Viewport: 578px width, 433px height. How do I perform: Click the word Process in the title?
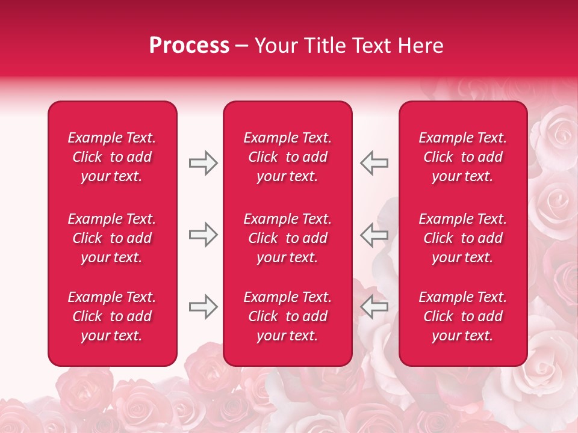tap(189, 46)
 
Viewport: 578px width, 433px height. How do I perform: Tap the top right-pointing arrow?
tap(203, 163)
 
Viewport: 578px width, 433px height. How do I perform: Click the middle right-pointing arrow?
tap(203, 235)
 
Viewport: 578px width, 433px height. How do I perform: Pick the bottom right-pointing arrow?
tap(203, 307)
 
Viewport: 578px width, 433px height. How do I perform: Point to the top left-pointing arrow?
tap(374, 163)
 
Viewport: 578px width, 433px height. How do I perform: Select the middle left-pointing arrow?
tap(374, 235)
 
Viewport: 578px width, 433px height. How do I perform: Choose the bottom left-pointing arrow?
tap(374, 307)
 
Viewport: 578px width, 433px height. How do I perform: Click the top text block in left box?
tap(112, 157)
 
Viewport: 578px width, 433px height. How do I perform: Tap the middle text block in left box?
tap(112, 238)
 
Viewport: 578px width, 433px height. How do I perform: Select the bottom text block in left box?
tap(112, 316)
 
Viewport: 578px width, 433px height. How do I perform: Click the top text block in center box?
tap(287, 157)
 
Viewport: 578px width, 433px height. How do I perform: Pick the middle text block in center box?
tap(287, 238)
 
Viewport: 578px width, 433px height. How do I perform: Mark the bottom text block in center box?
tap(287, 316)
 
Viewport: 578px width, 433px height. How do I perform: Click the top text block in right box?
tap(462, 157)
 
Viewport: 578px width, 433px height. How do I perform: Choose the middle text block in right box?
tap(462, 238)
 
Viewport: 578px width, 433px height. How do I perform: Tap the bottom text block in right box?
tap(462, 316)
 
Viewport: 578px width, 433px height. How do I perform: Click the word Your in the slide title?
tap(275, 46)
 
